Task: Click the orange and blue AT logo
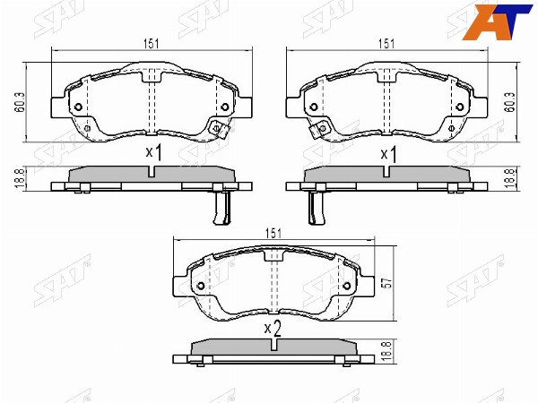497,21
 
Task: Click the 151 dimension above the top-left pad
152,44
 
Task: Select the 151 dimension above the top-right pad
386,44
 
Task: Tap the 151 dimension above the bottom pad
273,234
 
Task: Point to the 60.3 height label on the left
20,102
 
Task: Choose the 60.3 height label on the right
510,102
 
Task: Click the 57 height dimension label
387,283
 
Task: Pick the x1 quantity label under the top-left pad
153,153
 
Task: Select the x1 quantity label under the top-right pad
389,154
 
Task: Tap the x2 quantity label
273,329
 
